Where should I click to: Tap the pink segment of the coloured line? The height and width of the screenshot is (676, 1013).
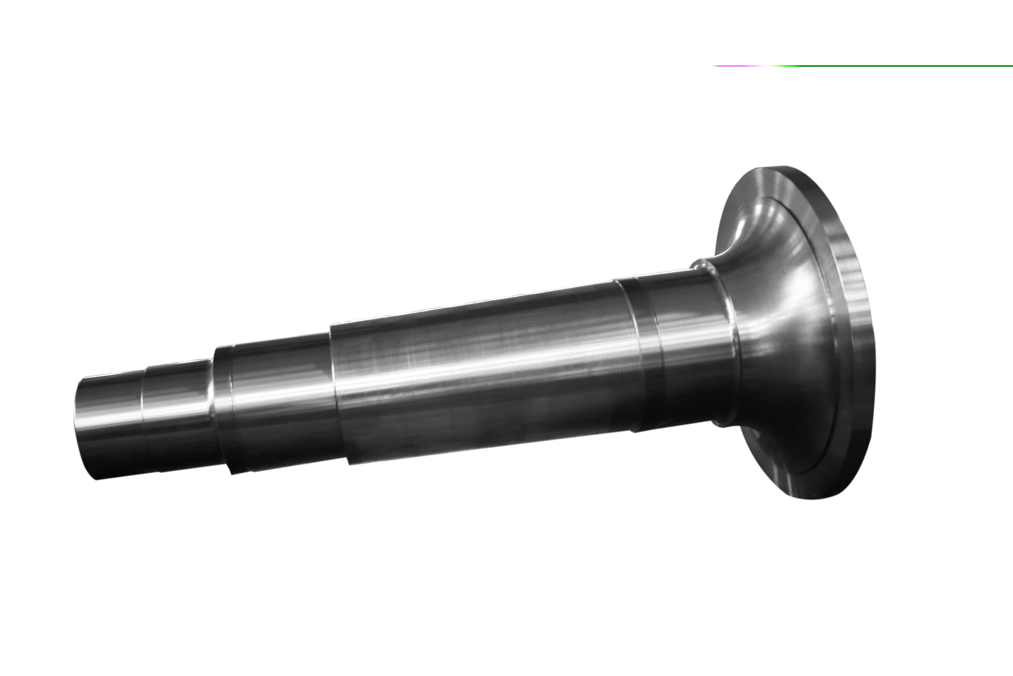(x=736, y=66)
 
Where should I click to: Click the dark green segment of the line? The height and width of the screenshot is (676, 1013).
(x=905, y=66)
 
